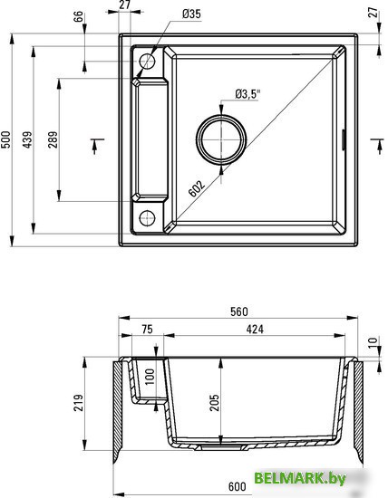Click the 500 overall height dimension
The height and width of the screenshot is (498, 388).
[x=6, y=139]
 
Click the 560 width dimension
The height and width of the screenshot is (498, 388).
[x=238, y=312]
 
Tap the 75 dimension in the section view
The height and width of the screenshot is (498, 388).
[x=146, y=330]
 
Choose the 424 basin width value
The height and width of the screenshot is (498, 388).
[x=257, y=330]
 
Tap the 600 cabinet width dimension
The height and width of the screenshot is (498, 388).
[x=238, y=488]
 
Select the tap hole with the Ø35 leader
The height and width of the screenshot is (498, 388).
[x=147, y=62]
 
